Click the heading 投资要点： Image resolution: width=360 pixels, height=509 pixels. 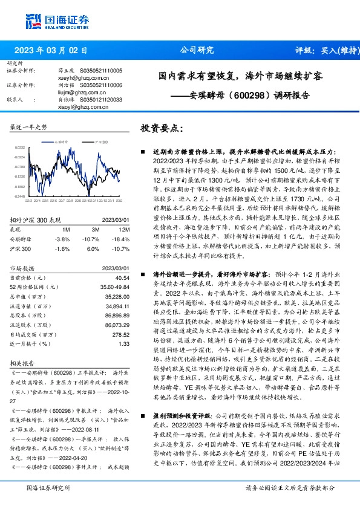click(x=160, y=128)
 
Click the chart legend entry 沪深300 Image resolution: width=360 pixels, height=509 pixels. click(x=101, y=141)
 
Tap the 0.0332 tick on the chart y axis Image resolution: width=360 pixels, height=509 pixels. click(x=19, y=147)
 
